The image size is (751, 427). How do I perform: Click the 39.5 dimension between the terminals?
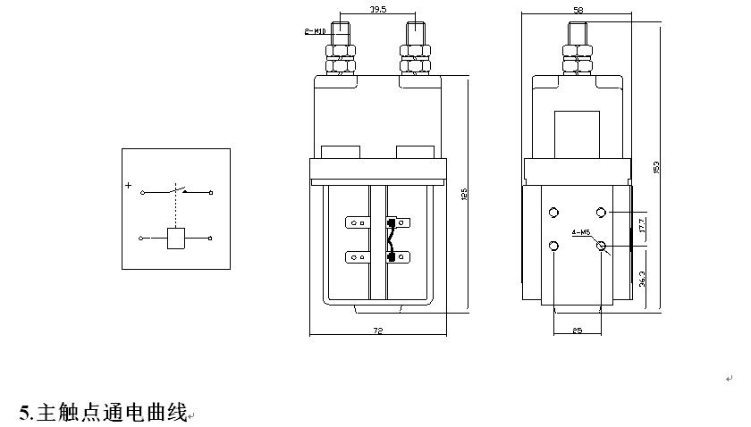[x=377, y=12]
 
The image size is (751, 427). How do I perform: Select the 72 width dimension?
[x=377, y=331]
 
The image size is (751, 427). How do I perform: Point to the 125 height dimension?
[x=464, y=195]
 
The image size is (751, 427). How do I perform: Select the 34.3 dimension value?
[x=642, y=279]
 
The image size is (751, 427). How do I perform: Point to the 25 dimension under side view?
[x=577, y=331]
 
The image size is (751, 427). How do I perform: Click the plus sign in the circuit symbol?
[x=129, y=186]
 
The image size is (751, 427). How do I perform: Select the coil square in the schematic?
[x=176, y=238]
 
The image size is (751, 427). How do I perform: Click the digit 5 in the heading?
[x=25, y=413]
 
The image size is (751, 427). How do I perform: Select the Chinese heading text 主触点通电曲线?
[x=112, y=413]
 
